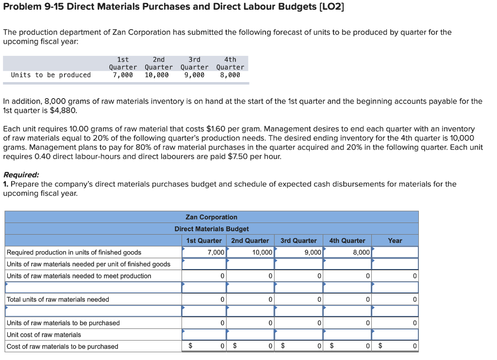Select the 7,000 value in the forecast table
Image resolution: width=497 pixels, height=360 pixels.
(122, 75)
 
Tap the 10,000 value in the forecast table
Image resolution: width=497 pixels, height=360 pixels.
(157, 75)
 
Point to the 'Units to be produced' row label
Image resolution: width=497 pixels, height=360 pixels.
(50, 75)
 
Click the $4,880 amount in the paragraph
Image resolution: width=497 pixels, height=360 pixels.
(63, 110)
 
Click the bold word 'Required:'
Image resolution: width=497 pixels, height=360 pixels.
(21, 175)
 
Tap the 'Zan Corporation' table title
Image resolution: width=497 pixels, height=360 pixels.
(211, 217)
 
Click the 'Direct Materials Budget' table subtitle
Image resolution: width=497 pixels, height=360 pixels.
(211, 229)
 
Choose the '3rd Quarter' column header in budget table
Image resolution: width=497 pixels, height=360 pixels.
(298, 240)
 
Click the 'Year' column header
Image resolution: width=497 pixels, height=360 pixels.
(395, 240)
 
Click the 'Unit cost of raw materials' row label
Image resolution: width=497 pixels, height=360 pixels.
(44, 335)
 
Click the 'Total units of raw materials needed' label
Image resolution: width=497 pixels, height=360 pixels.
(58, 299)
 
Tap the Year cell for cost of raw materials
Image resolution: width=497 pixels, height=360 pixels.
(395, 346)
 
